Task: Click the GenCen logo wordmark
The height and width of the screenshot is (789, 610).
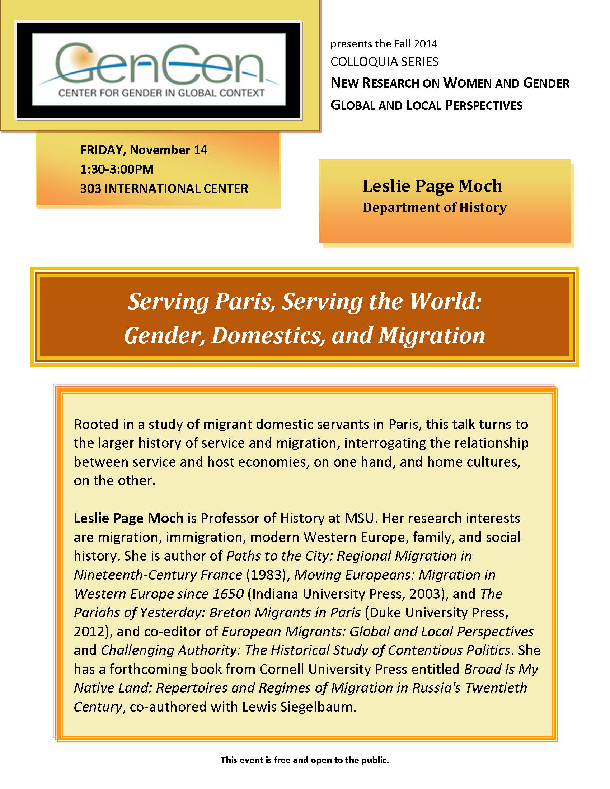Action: (x=159, y=63)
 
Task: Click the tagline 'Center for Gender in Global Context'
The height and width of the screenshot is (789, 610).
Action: (x=161, y=93)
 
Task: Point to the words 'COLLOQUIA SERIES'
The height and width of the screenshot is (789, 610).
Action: (x=384, y=62)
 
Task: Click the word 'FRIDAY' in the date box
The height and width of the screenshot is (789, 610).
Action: (x=102, y=150)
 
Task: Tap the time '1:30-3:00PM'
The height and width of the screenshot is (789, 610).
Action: (x=117, y=169)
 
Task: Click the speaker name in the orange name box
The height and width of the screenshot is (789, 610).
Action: (x=432, y=186)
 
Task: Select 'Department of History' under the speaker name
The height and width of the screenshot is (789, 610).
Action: (x=435, y=208)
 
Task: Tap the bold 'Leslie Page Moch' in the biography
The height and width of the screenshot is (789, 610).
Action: (x=128, y=519)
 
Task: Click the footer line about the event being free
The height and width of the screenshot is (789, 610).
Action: (x=305, y=760)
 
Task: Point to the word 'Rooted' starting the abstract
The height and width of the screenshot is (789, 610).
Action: (x=96, y=425)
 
